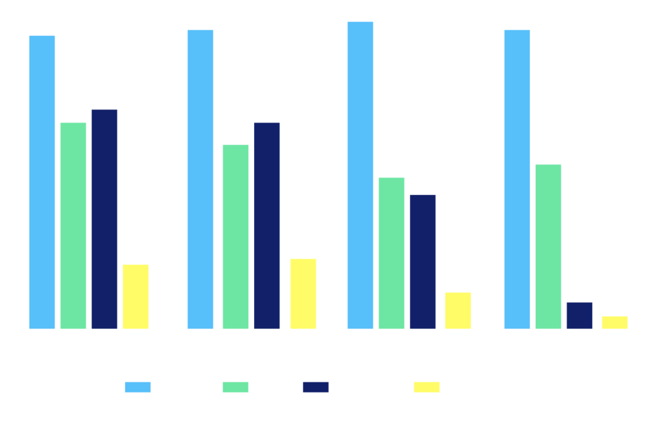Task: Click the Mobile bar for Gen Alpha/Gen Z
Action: tap(42, 183)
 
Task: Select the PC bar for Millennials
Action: tap(235, 237)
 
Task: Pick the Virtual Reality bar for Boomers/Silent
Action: tap(615, 323)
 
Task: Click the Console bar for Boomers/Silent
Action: tap(579, 315)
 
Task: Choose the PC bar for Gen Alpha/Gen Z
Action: tap(73, 226)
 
